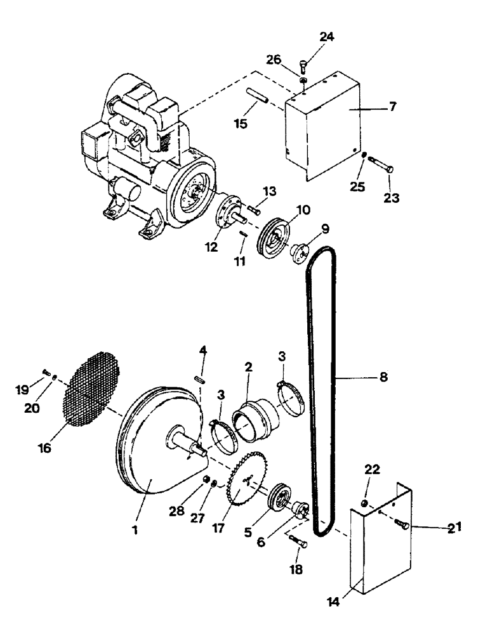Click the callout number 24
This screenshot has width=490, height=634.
pos(326,37)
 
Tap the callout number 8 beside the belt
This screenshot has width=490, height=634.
pos(382,377)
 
